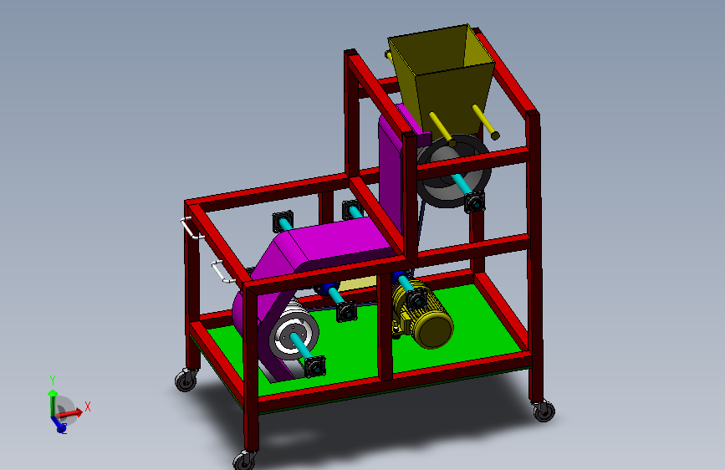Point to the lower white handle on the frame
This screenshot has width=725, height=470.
click(220, 273)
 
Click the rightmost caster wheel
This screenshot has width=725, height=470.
click(543, 410)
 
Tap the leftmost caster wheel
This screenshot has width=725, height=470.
click(185, 381)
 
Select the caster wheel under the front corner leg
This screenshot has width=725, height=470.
click(244, 459)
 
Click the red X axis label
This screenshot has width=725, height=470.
click(87, 406)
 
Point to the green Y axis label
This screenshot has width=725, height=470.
click(52, 380)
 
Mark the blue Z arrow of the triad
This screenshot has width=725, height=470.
click(60, 427)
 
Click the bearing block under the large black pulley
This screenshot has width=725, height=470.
click(475, 202)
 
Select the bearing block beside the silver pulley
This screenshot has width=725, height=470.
click(314, 367)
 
